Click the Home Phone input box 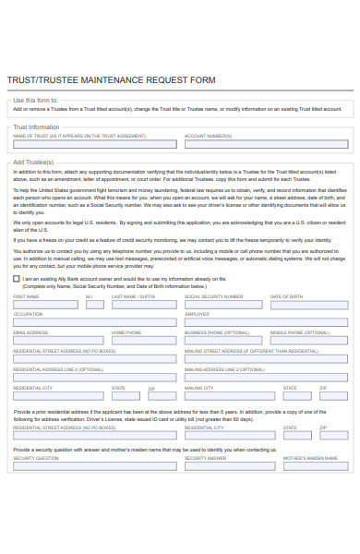(x=144, y=341)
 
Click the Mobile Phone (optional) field (x=307, y=341)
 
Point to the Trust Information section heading (x=37, y=126)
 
